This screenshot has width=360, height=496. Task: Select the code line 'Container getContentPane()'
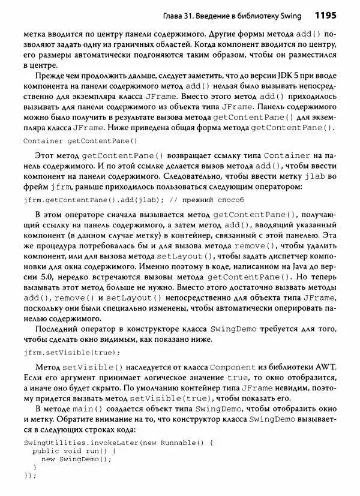76,141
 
